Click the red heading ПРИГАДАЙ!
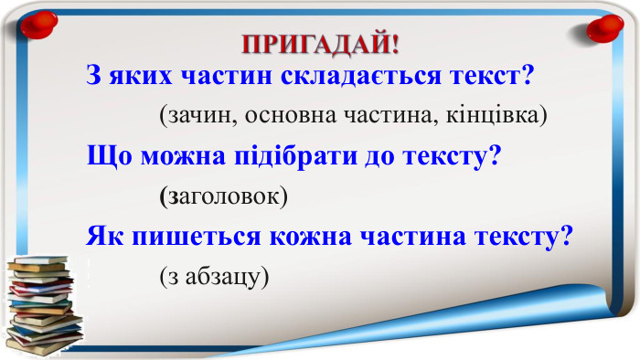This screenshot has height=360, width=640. pyautogui.click(x=320, y=44)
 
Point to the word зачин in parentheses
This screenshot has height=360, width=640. pyautogui.click(x=194, y=116)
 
